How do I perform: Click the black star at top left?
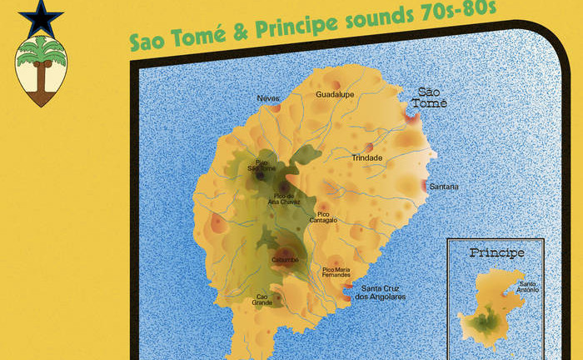[40, 18]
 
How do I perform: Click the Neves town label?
[268, 98]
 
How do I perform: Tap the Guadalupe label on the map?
[335, 95]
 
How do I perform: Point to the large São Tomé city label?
[432, 97]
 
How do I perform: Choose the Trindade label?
[367, 157]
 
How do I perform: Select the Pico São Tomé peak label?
[262, 165]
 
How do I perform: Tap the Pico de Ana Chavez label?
[282, 198]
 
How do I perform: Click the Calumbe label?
[284, 261]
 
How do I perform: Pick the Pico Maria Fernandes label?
[336, 272]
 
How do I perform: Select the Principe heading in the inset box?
[496, 252]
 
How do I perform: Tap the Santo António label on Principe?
[528, 287]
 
